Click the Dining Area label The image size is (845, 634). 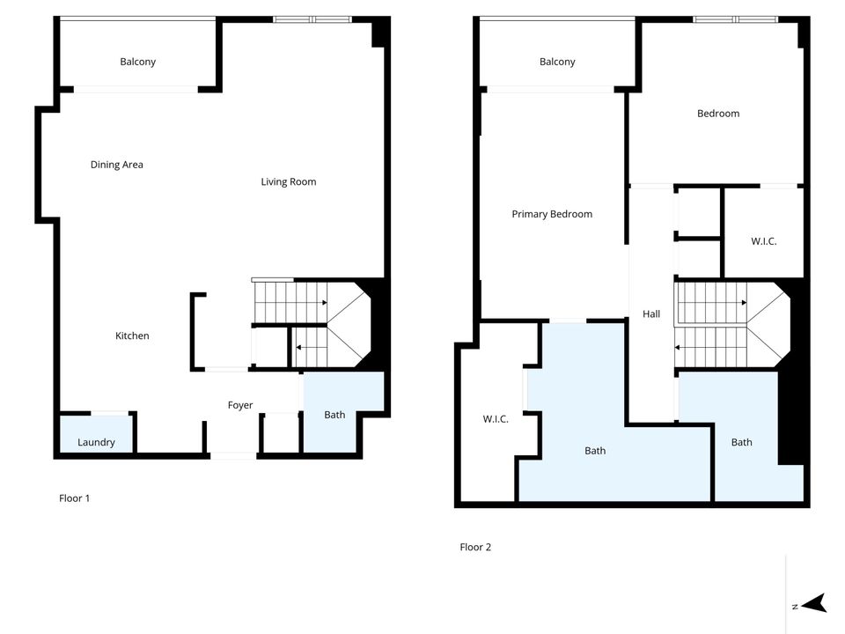116,165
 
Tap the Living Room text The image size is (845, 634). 288,182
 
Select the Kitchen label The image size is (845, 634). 132,335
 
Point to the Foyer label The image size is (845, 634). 240,406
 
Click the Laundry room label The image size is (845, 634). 96,442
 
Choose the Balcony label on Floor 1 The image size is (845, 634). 137,62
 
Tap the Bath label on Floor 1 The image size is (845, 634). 334,415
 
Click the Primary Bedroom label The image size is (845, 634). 552,214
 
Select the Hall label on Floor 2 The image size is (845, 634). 651,314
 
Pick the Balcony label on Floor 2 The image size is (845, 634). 557,62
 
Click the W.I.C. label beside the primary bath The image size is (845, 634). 496,419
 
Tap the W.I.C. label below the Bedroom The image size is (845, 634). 763,241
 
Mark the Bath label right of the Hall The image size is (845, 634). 741,442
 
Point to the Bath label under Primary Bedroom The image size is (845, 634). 595,451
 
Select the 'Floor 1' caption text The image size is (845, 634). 75,498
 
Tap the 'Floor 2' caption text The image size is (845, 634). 475,547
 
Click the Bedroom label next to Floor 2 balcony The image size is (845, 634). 718,114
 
